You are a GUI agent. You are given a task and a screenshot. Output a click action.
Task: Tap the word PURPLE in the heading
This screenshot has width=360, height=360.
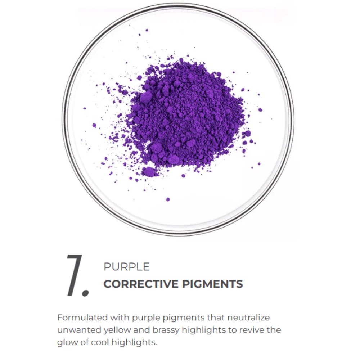coord(126,267)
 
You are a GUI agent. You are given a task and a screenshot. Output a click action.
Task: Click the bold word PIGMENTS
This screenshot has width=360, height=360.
coord(212,284)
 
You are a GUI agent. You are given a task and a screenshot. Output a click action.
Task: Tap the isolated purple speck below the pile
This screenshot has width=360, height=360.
coord(168,199)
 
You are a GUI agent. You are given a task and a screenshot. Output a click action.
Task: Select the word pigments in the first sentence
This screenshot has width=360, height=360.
coord(184,318)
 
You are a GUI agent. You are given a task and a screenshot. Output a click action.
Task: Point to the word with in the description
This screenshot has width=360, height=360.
coord(120,318)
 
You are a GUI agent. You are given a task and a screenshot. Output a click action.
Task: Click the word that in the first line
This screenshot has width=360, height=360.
coord(215,318)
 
